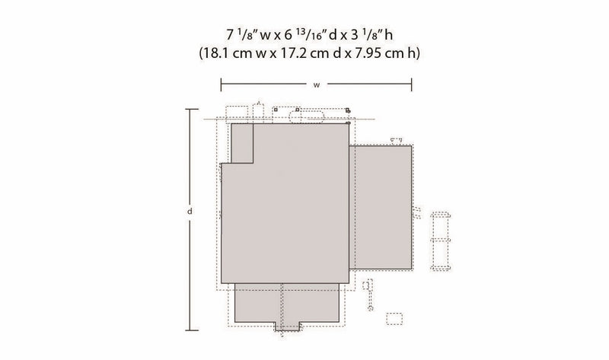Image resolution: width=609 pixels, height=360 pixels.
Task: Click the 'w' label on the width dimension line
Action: point(316,85)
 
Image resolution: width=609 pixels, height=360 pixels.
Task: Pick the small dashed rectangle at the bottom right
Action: point(394,317)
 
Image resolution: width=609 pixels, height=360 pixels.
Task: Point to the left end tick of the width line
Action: point(221,85)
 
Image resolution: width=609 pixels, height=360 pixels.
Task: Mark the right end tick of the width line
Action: point(412,85)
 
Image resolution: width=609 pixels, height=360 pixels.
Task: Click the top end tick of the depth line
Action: point(189,110)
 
